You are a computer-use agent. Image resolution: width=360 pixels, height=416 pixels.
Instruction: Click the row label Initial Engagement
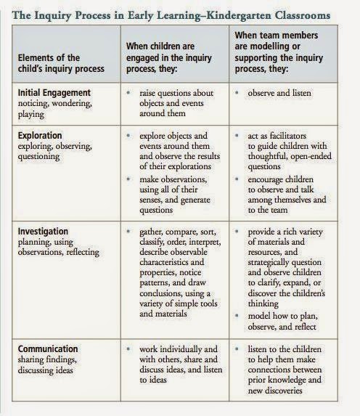click(x=54, y=94)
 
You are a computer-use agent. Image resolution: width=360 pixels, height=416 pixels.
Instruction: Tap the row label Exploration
click(x=42, y=136)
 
